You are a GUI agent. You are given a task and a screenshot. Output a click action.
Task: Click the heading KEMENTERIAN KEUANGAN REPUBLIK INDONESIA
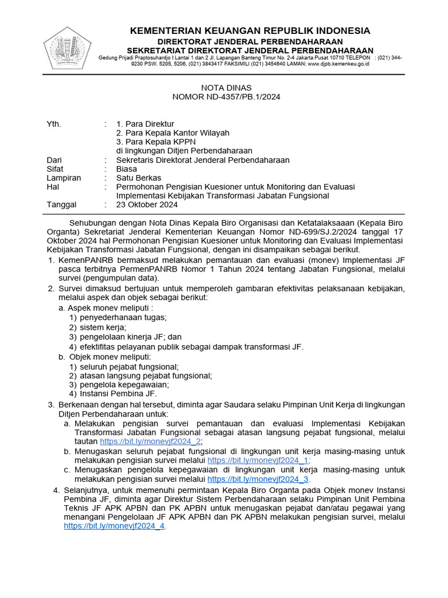(x=250, y=30)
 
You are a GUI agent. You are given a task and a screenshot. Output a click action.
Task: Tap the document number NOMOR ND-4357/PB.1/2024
(x=225, y=97)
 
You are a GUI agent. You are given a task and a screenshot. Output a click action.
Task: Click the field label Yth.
(x=53, y=124)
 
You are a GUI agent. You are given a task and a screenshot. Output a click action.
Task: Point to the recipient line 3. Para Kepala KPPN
(x=156, y=142)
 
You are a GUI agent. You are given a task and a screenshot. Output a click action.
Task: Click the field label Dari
(x=54, y=160)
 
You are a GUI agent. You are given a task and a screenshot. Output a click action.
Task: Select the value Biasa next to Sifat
(x=127, y=169)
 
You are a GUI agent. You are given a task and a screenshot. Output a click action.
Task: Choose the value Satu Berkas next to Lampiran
(x=139, y=178)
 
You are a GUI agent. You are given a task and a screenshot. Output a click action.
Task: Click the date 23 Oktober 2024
(x=147, y=205)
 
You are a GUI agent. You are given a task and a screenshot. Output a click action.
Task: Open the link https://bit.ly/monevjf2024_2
(x=150, y=441)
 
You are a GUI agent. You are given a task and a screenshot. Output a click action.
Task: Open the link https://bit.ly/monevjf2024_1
(x=258, y=460)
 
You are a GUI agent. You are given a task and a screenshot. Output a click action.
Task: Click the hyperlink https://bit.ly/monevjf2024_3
(x=258, y=479)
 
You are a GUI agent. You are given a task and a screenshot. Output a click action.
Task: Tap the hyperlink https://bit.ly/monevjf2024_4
(x=114, y=526)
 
